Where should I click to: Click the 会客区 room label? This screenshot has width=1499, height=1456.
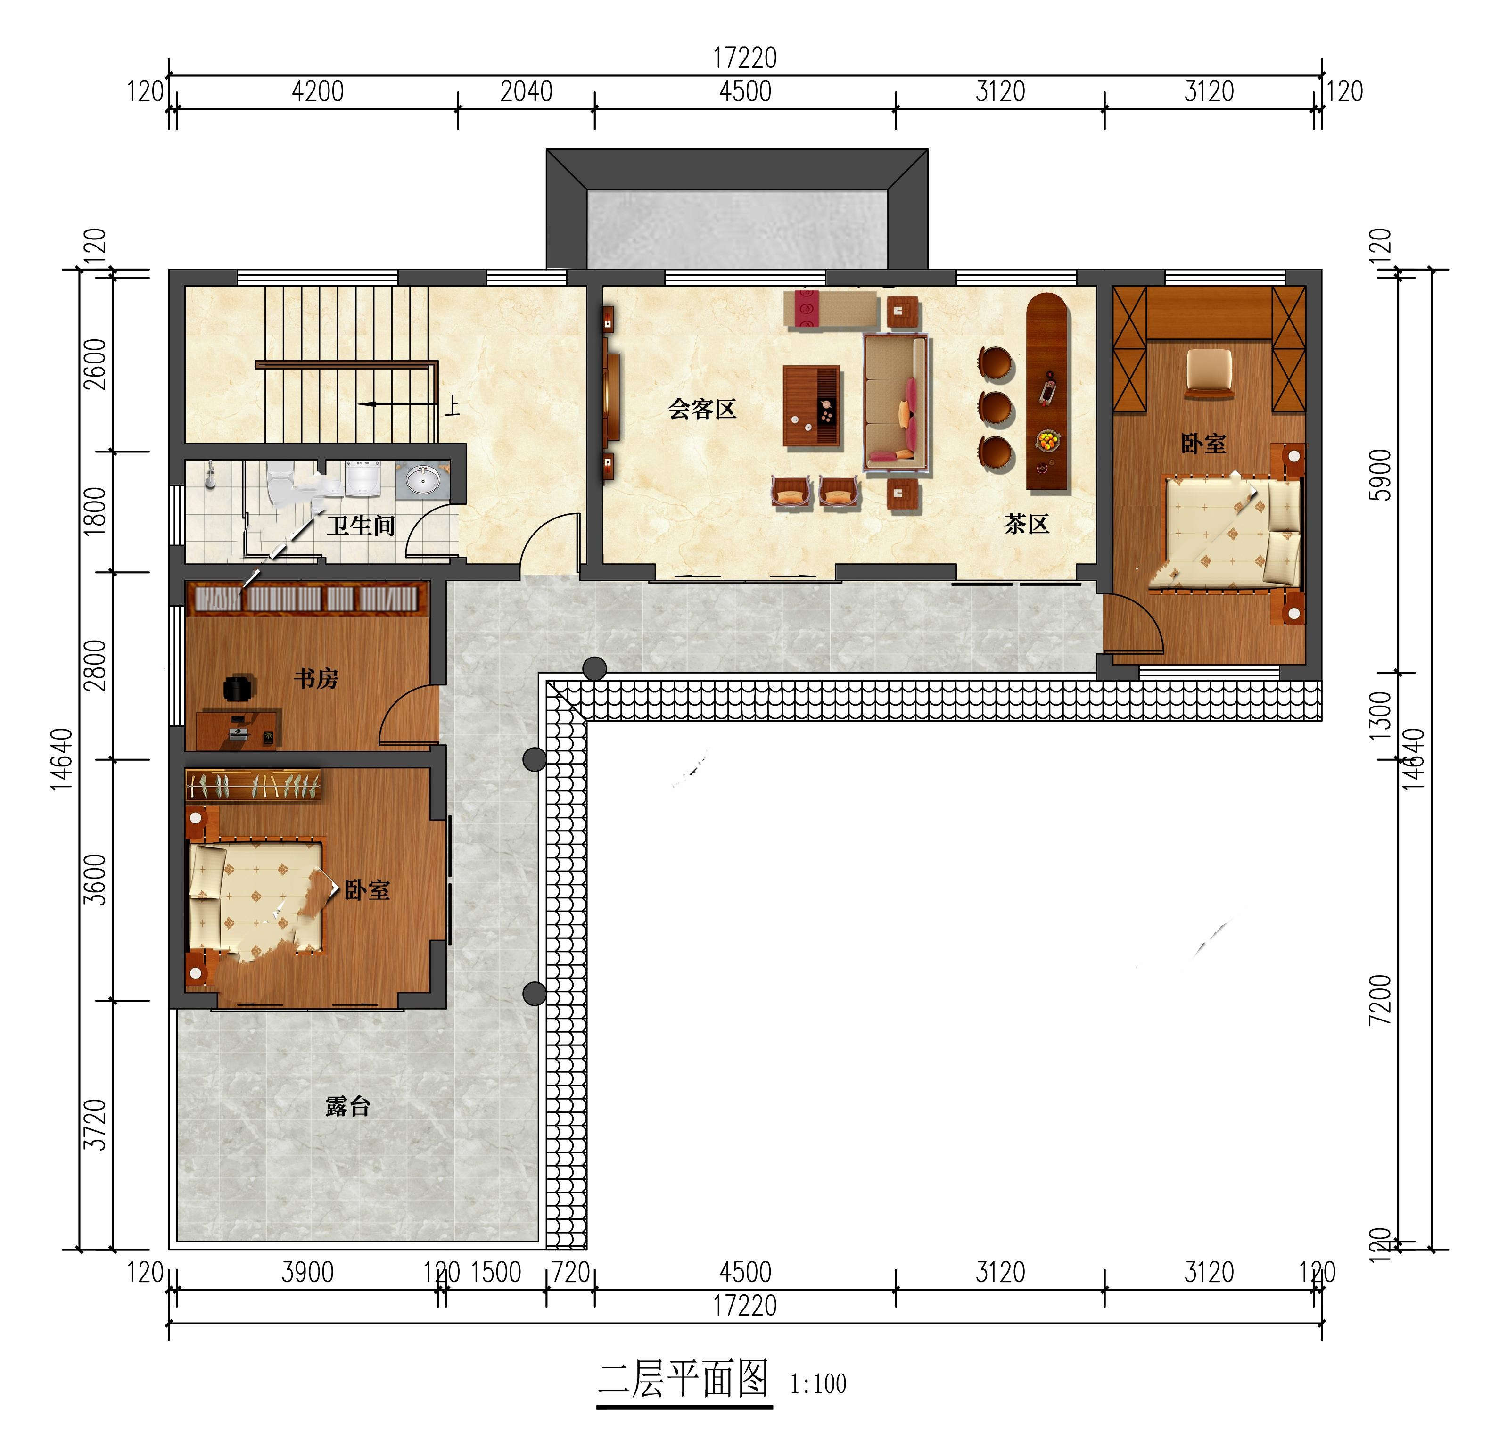tap(702, 409)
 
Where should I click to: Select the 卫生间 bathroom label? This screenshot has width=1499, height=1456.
tap(361, 526)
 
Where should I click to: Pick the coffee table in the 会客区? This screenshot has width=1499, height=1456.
tap(811, 406)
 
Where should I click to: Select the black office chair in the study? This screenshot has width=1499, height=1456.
tap(239, 688)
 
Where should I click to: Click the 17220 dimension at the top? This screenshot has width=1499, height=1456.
tap(745, 58)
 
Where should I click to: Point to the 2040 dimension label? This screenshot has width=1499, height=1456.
tap(526, 92)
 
